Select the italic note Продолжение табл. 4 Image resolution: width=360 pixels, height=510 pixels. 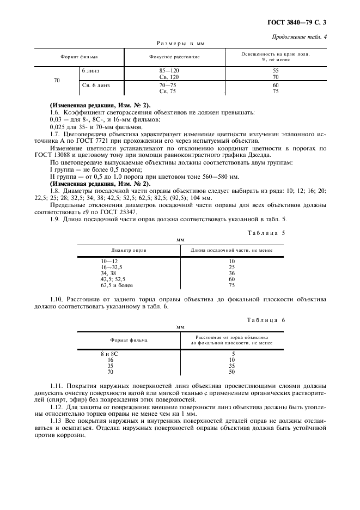(x=301, y=37)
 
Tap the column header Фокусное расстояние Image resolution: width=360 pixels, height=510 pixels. (x=174, y=57)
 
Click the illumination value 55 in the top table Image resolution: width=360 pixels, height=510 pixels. (x=276, y=71)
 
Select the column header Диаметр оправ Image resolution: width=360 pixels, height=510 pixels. (x=129, y=250)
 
